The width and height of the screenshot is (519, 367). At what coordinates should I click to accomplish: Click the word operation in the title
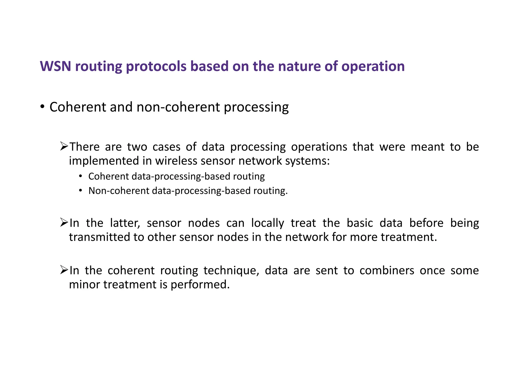373,66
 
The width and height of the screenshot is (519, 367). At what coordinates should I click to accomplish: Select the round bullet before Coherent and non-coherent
42,107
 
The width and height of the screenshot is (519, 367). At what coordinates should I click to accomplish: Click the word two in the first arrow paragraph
137,147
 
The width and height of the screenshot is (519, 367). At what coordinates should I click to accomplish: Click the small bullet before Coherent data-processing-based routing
80,176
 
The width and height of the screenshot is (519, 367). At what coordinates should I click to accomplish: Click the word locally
267,223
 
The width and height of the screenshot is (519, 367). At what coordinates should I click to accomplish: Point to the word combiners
387,270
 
